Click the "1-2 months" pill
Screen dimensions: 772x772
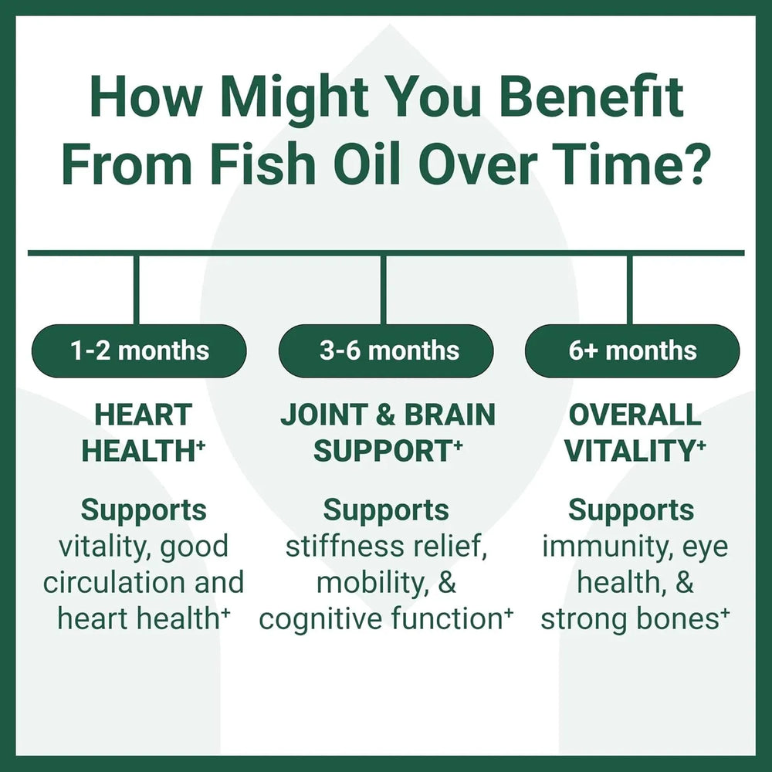(139, 351)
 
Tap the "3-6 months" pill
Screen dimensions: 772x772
(386, 351)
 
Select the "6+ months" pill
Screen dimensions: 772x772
(632, 351)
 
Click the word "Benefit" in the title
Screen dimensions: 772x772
(591, 96)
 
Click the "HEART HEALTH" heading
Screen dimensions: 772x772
(144, 432)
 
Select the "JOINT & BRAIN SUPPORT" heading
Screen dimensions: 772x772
(388, 432)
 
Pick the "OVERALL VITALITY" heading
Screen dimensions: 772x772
(635, 432)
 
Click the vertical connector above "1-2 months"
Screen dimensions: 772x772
(137, 290)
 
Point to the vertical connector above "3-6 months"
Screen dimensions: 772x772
(384, 290)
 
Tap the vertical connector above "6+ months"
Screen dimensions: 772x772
(630, 290)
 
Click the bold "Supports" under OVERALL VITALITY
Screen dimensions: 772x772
(631, 511)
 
